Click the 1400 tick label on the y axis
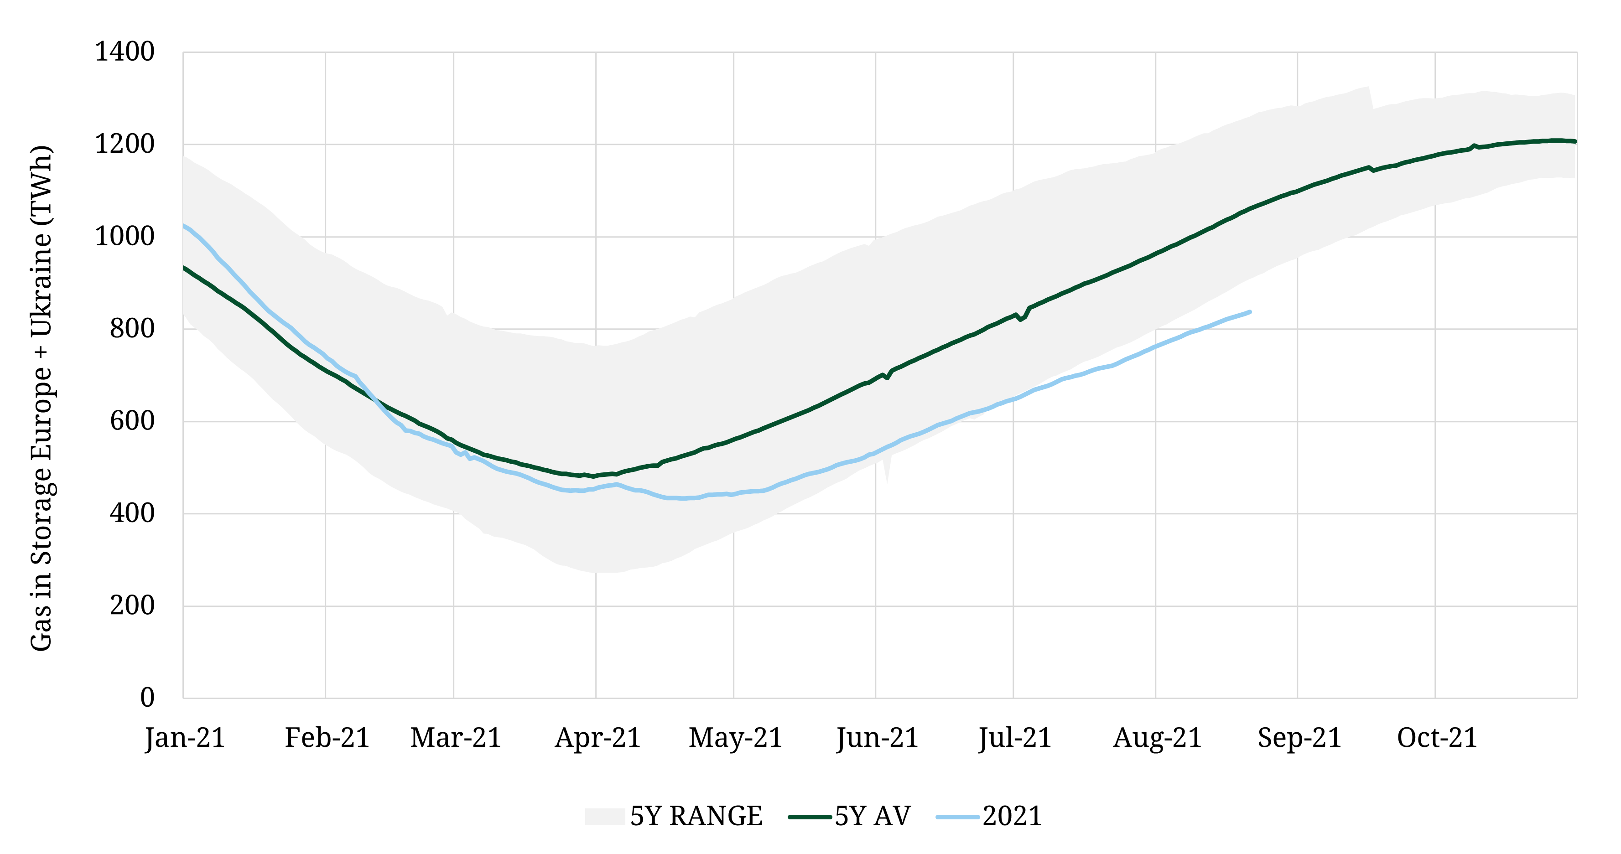pos(124,52)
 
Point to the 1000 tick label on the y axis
pos(124,237)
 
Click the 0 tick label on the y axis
pos(147,698)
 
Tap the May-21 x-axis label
pos(735,738)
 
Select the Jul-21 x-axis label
pos(1015,738)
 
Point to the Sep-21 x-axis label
pos(1299,738)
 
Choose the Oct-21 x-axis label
pos(1437,738)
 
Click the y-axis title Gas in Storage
pos(42,398)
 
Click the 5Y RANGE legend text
pos(696,816)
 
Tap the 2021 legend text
pos(1012,816)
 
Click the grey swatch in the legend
pos(605,816)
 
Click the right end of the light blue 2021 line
pos(1250,312)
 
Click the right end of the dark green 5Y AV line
pos(1575,141)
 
